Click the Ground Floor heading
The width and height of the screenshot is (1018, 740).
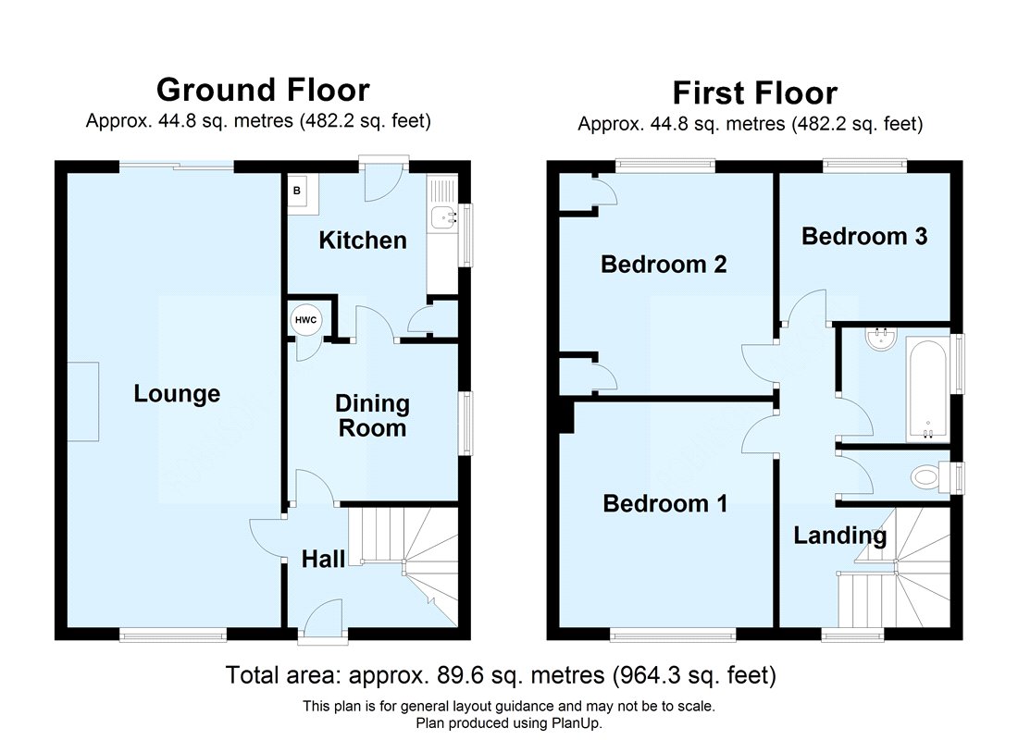(x=263, y=90)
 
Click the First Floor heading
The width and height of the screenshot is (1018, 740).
(x=754, y=92)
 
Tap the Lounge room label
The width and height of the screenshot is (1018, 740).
(x=177, y=394)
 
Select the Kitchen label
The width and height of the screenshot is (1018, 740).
(x=363, y=240)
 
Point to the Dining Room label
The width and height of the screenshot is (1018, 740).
(x=372, y=416)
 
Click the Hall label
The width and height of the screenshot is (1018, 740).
(x=323, y=559)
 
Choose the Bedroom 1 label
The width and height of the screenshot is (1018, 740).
(x=664, y=504)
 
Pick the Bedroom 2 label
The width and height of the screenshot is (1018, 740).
(x=664, y=265)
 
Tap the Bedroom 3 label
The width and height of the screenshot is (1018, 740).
(x=864, y=236)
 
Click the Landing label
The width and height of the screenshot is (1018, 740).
(x=840, y=536)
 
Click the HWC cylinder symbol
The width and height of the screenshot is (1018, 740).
(x=305, y=320)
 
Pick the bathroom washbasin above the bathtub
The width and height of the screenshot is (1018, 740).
(x=881, y=339)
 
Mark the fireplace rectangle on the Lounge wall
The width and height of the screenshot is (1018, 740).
(x=83, y=401)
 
